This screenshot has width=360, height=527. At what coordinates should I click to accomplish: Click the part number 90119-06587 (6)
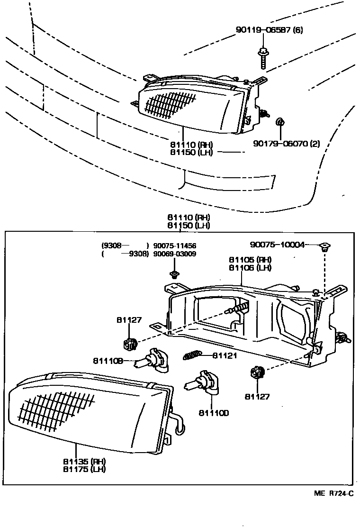(269, 31)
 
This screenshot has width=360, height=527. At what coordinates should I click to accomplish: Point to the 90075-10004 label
(277, 245)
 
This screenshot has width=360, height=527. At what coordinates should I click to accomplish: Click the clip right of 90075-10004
(325, 246)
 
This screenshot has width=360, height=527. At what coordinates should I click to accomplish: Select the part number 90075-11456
(175, 246)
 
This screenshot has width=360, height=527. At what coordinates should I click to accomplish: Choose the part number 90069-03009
(175, 254)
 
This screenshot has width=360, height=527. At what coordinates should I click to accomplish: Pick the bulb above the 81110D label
(202, 382)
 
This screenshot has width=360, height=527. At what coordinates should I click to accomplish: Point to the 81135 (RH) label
(83, 461)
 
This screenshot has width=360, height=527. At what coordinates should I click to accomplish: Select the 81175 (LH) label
(83, 469)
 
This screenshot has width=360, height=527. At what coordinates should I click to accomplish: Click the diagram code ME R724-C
(333, 493)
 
